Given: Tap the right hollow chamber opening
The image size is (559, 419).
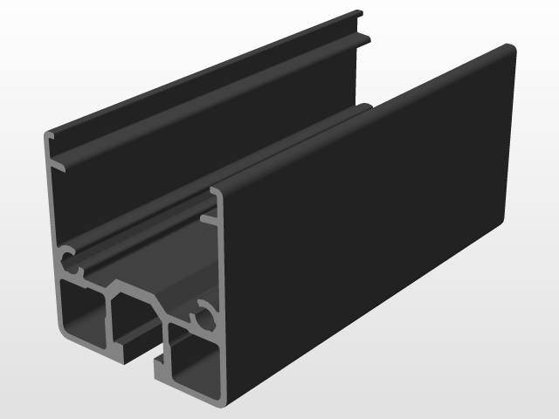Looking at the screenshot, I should (x=194, y=364).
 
